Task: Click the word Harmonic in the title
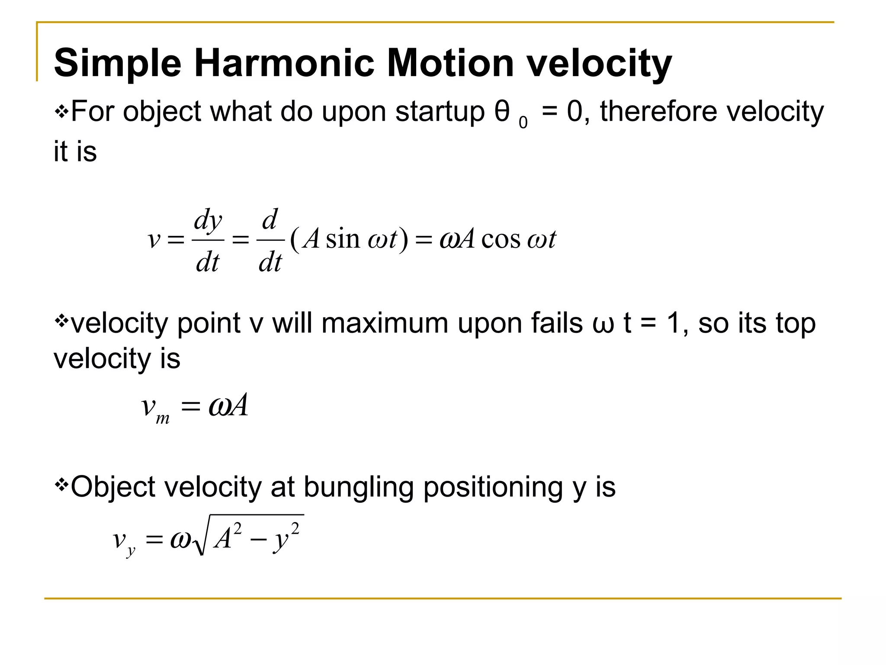click(284, 64)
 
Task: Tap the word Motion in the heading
click(450, 64)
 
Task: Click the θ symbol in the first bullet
click(502, 111)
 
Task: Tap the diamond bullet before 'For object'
click(61, 112)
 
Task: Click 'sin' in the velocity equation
click(343, 239)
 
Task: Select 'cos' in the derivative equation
click(501, 239)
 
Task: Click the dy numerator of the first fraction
click(208, 220)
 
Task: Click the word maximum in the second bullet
click(385, 323)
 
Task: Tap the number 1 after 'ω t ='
click(673, 323)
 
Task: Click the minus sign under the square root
click(258, 540)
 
